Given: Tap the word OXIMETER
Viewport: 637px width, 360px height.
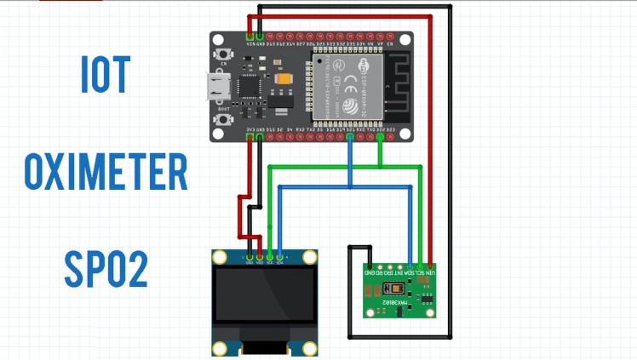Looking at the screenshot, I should pos(106,173).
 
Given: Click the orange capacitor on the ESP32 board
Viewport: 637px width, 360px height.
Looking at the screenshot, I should pos(284,77).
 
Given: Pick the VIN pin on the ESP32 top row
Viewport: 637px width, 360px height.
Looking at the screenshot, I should pos(250,37).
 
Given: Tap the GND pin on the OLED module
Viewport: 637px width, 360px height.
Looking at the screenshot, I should pos(250,256).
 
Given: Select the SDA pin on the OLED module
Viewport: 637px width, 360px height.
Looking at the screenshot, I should pos(280,256).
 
